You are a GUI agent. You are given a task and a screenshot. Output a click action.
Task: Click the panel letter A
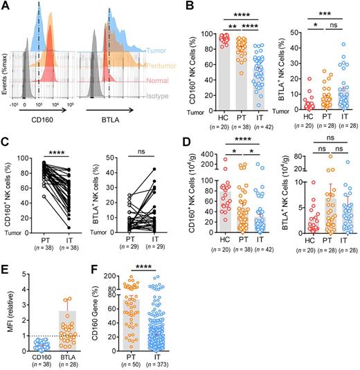(6, 6)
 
